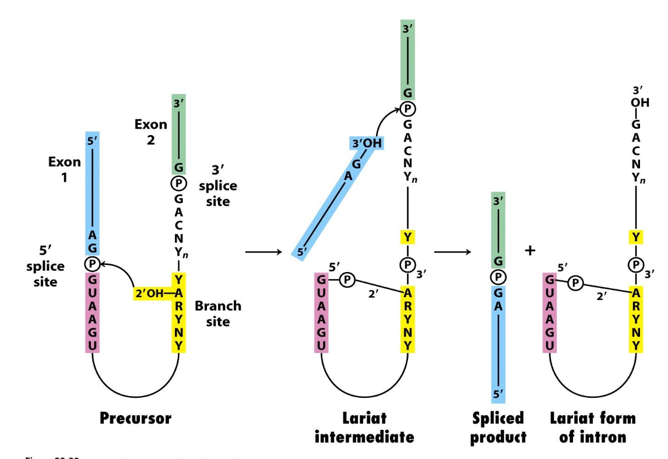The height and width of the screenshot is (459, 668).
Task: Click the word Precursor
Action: pos(135,418)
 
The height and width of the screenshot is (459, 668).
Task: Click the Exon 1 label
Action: pos(65,170)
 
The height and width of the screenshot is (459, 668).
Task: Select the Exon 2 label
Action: pos(150,132)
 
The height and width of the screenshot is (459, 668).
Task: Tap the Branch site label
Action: pos(217,313)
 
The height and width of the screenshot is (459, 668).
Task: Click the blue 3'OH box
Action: pos(366,143)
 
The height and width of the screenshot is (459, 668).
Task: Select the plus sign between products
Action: pos(530,251)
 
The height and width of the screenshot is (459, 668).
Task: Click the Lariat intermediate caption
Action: pos(364,427)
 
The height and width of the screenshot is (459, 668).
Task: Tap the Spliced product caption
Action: pos(498,427)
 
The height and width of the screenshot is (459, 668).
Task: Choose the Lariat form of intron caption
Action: pos(592,427)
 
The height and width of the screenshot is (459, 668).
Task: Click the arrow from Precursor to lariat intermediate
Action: pos(265,252)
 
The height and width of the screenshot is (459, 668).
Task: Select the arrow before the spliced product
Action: pos(452,252)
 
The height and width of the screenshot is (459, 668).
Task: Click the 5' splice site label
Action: pos(45,266)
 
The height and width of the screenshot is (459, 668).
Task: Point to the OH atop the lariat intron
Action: pos(639,103)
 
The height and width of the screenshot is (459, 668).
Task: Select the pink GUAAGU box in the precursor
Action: pos(92,313)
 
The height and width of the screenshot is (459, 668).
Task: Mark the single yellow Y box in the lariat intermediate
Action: pos(407,238)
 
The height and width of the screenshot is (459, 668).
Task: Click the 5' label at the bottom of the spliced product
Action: pos(498,394)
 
